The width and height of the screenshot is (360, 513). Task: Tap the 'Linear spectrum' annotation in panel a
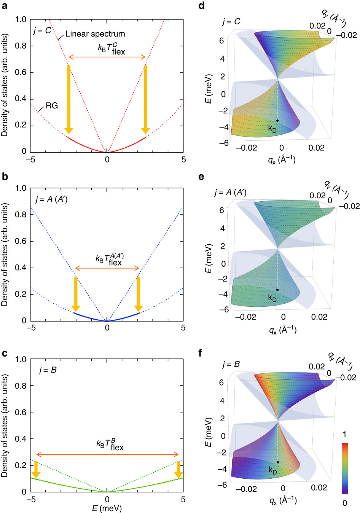(95, 34)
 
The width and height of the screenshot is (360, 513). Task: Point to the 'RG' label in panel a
(52, 105)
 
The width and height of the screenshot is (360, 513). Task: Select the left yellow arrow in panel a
(69, 99)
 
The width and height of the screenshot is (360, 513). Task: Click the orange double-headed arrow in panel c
(107, 454)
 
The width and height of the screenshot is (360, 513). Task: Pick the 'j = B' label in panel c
(48, 370)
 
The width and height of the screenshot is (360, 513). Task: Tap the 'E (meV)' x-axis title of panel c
(107, 508)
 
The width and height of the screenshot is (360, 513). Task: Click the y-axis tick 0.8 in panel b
(21, 215)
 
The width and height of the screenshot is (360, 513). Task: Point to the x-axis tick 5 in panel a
(183, 160)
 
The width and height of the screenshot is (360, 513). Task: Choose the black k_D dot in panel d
(277, 120)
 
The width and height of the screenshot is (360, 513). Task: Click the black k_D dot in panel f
(277, 462)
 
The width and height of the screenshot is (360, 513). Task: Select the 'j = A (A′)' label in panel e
(230, 193)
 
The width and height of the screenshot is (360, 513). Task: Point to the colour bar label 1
(344, 434)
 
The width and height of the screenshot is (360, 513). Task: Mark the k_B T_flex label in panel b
(109, 260)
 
